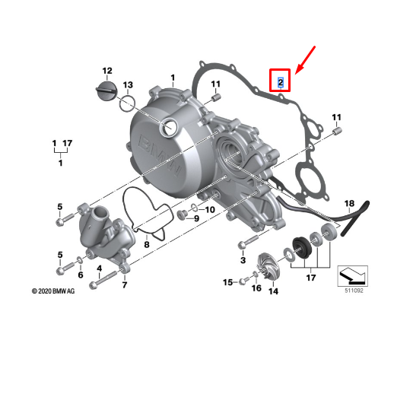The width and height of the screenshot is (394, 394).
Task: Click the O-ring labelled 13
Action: pos(128,102)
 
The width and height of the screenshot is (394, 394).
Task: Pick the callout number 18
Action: pos(349,204)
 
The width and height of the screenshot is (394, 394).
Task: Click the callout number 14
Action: pos(272,291)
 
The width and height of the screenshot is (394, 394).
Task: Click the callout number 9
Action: pos(195,219)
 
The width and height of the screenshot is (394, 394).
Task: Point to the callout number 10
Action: pos(210,209)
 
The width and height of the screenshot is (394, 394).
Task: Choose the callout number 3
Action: pos(243,261)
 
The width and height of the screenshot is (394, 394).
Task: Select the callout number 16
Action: pos(256,288)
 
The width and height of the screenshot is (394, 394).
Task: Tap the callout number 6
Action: pos(80,275)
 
